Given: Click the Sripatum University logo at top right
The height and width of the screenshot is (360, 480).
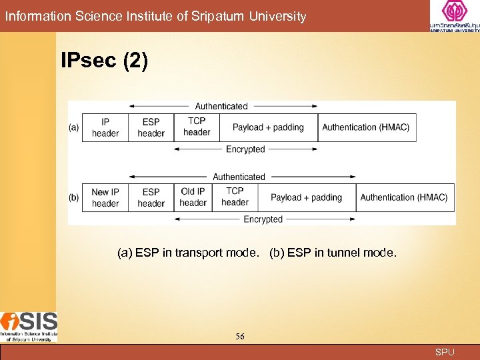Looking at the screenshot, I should point(454,17).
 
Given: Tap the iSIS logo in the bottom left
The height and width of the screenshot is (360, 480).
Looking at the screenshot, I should point(29,327).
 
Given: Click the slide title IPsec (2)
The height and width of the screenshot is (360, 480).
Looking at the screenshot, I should point(105,61).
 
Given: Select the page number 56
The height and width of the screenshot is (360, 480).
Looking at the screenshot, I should point(240,337).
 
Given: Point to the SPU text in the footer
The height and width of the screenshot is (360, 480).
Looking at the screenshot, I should point(445,352).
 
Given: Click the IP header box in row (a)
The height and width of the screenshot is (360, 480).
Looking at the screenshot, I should point(105,127).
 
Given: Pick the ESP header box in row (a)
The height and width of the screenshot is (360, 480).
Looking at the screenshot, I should point(151,127).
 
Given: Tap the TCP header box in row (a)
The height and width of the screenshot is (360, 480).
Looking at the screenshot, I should point(197,127).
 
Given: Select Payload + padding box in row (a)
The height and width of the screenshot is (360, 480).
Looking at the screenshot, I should point(268,127).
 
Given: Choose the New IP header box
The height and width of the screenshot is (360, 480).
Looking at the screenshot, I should point(105,197).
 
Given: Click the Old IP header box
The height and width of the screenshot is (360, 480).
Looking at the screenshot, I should point(193,197).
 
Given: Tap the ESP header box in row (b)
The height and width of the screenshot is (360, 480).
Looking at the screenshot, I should point(151,197).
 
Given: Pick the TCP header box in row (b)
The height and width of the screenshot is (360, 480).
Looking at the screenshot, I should point(235,197).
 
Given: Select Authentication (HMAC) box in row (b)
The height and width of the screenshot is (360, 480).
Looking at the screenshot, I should point(404,197).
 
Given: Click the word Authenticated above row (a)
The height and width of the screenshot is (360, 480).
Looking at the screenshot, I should point(221,106).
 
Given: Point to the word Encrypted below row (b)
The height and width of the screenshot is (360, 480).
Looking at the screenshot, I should point(263,219).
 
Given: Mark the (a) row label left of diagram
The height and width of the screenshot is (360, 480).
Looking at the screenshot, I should point(73,127).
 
